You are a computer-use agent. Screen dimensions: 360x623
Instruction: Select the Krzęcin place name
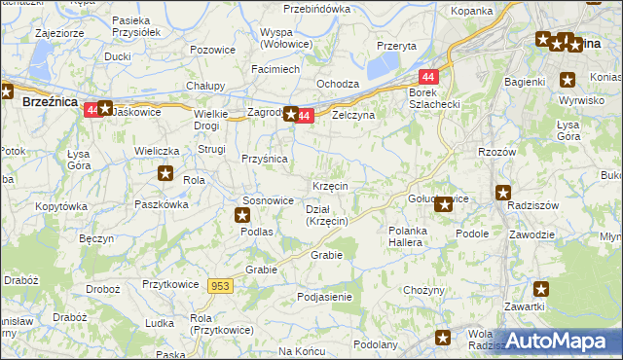pyautogui.click(x=331, y=186)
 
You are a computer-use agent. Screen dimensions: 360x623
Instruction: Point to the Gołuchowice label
pyautogui.click(x=438, y=198)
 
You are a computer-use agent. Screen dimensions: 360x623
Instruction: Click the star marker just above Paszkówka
pyautogui.click(x=165, y=174)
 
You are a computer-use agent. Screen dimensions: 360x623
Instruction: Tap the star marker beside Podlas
pyautogui.click(x=243, y=216)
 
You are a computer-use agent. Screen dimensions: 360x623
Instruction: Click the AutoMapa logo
pyautogui.click(x=554, y=341)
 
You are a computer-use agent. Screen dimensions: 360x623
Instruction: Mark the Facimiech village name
pyautogui.click(x=275, y=70)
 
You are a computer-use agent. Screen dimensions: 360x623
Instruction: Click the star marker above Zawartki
pyautogui.click(x=541, y=288)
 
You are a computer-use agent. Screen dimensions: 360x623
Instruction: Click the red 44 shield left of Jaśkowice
pyautogui.click(x=91, y=110)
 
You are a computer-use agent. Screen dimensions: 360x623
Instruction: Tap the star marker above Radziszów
pyautogui.click(x=503, y=193)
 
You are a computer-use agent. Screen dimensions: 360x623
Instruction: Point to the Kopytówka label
pyautogui.click(x=60, y=207)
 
